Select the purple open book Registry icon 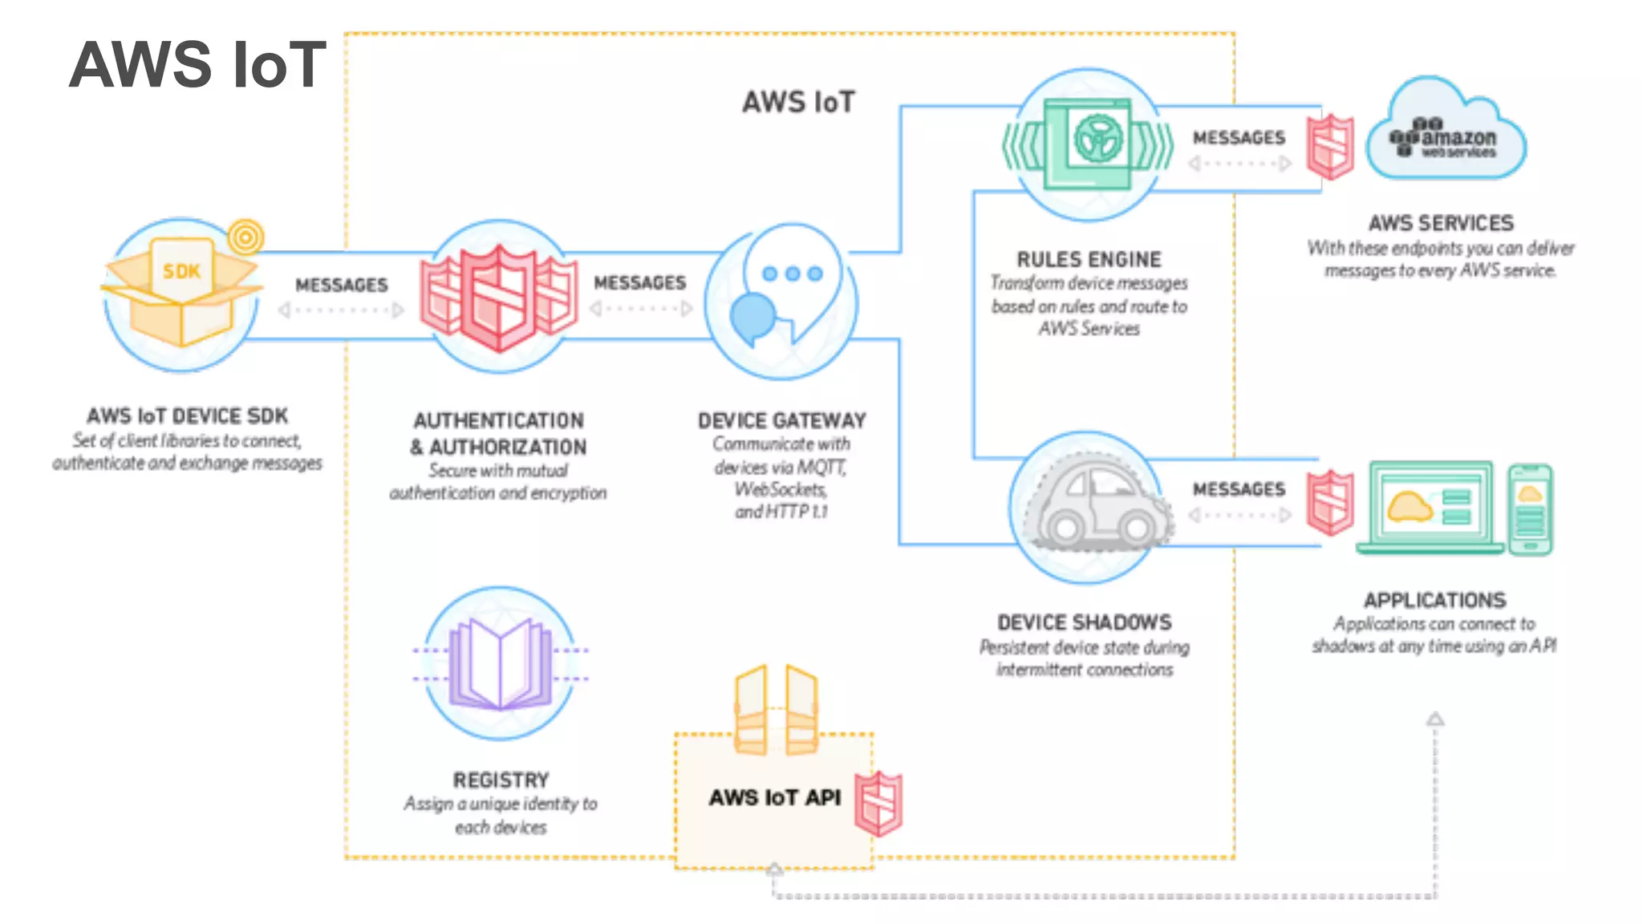tap(500, 664)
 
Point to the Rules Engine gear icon tap(1097, 138)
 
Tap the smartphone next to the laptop tap(1530, 509)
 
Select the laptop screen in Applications tap(1430, 506)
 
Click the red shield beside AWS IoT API tap(878, 803)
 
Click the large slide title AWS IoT tap(197, 64)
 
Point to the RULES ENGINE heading tap(1089, 259)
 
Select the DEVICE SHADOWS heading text tap(1084, 622)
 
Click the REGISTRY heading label tap(501, 780)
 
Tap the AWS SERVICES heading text tap(1441, 223)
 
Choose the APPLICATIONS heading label tap(1434, 600)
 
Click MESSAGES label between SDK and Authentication tap(341, 285)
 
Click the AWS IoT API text tap(774, 797)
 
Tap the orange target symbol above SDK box tap(245, 237)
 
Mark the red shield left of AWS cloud tap(1330, 147)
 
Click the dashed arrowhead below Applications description tap(1435, 719)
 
